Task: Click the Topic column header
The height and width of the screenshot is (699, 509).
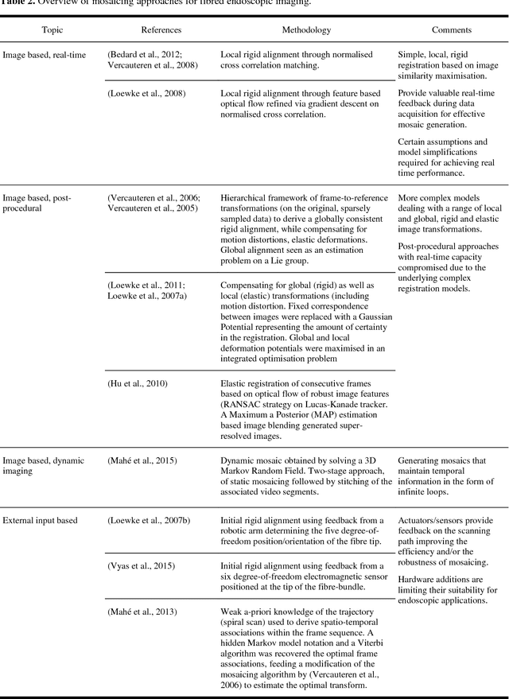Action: (x=52, y=30)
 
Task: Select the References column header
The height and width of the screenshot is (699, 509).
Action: (x=161, y=30)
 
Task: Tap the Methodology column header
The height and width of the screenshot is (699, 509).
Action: (x=306, y=30)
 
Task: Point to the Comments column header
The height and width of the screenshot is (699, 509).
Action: (x=451, y=30)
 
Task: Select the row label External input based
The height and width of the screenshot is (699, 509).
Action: (x=40, y=520)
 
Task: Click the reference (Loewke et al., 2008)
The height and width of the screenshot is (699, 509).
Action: (x=146, y=93)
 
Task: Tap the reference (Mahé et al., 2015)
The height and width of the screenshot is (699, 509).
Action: (x=142, y=460)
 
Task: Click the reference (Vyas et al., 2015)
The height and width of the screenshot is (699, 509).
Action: (x=141, y=565)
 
